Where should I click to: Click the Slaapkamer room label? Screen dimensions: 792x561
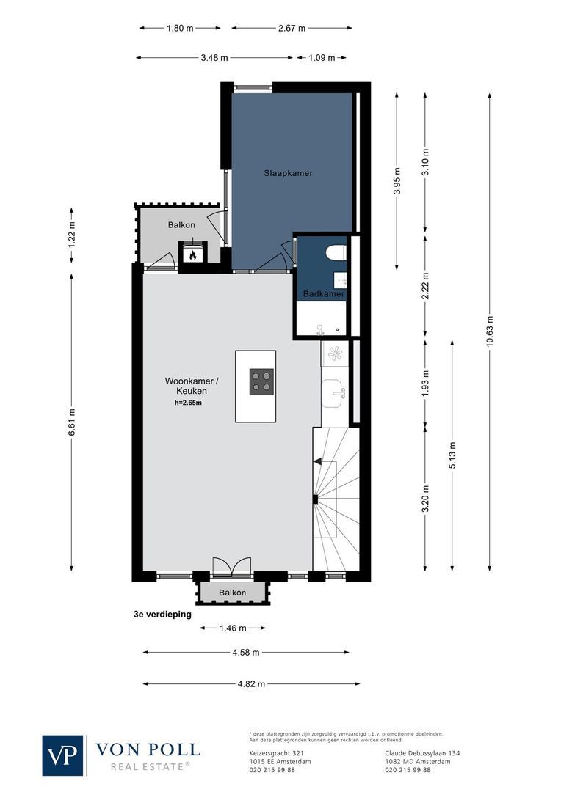click(x=289, y=174)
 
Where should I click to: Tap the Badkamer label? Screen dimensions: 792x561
click(x=324, y=294)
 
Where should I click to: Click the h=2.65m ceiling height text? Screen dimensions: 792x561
click(x=187, y=403)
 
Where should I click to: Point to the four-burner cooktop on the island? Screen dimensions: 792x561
click(x=261, y=381)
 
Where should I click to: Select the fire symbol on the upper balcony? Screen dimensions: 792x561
click(x=192, y=255)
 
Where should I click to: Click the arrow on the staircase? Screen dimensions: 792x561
click(x=318, y=461)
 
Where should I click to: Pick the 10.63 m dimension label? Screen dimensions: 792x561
click(x=490, y=334)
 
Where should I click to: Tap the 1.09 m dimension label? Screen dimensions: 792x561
click(x=321, y=57)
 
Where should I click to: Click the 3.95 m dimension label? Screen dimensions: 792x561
click(x=397, y=180)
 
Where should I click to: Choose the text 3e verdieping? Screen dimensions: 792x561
click(x=158, y=615)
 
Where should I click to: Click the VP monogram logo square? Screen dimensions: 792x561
click(x=63, y=755)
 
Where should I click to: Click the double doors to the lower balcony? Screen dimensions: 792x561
click(x=232, y=568)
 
